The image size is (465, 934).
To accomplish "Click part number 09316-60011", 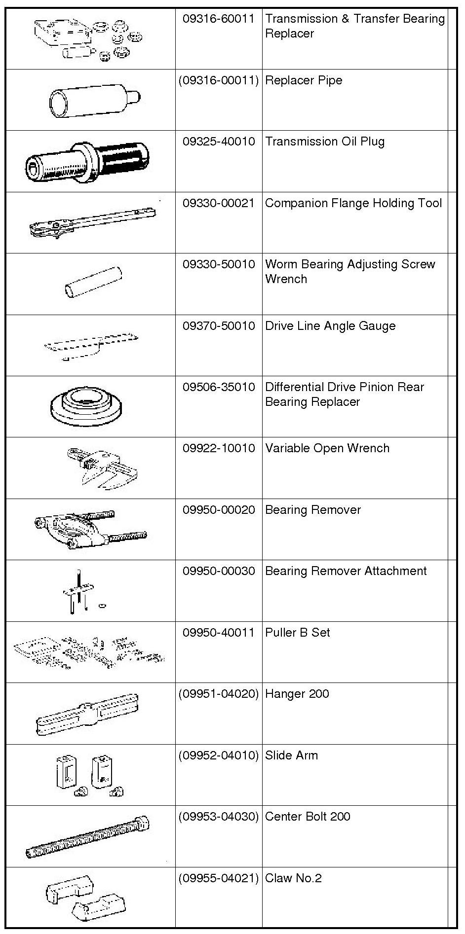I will pyautogui.click(x=218, y=19).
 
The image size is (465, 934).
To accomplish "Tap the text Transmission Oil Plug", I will pyautogui.click(x=324, y=142).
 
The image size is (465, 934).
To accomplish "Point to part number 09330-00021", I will pyautogui.click(x=218, y=203).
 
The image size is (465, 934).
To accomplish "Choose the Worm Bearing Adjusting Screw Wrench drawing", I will pyautogui.click(x=93, y=282).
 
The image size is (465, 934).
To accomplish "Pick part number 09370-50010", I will pyautogui.click(x=218, y=326).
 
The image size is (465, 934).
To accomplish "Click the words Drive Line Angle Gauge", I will pyautogui.click(x=330, y=326).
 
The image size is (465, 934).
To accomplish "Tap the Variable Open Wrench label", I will pyautogui.click(x=327, y=448).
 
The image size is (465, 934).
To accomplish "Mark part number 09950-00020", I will pyautogui.click(x=218, y=510).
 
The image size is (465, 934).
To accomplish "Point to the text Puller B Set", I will pyautogui.click(x=297, y=633).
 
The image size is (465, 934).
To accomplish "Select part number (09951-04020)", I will pyautogui.click(x=218, y=694).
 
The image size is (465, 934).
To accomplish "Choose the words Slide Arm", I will pyautogui.click(x=291, y=755).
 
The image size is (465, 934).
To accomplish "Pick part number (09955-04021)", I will pyautogui.click(x=218, y=878).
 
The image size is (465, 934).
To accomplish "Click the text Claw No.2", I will pyautogui.click(x=293, y=878).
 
